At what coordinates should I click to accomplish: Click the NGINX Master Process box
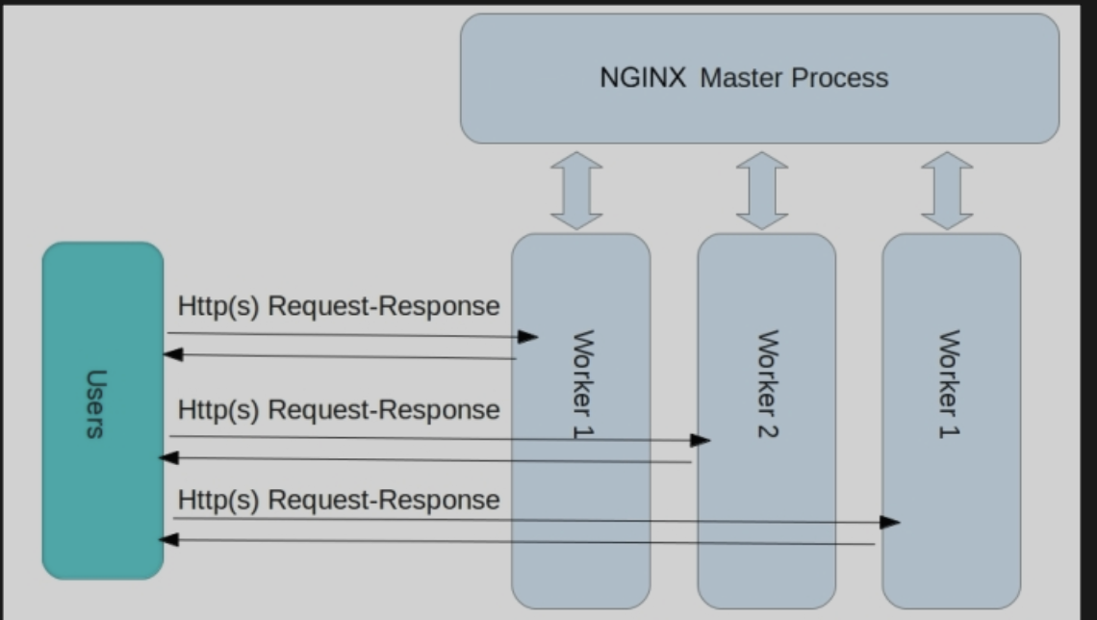pos(760,78)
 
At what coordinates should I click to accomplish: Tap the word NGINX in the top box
pos(643,78)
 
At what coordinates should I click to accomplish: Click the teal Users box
pos(103,411)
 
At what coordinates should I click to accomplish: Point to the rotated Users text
pos(96,403)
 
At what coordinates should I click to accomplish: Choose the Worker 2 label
pos(768,383)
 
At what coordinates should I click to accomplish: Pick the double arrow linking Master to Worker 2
pos(762,191)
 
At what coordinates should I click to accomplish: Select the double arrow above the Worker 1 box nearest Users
pos(576,191)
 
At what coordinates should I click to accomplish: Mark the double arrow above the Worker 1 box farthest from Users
pos(947,191)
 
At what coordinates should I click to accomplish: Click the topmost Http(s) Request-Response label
pos(339,306)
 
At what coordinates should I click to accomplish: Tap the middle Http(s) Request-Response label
pos(339,409)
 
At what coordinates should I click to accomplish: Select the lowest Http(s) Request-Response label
pos(339,500)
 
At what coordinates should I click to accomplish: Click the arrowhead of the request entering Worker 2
pos(701,440)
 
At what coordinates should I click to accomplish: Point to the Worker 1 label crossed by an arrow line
pos(583,383)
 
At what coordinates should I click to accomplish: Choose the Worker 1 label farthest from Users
pos(949,383)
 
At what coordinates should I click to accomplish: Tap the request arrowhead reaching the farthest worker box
pos(890,522)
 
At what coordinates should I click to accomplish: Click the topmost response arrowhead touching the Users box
pos(173,354)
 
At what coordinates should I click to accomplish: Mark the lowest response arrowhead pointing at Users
pos(168,539)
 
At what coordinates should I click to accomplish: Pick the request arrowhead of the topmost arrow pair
pos(528,337)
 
